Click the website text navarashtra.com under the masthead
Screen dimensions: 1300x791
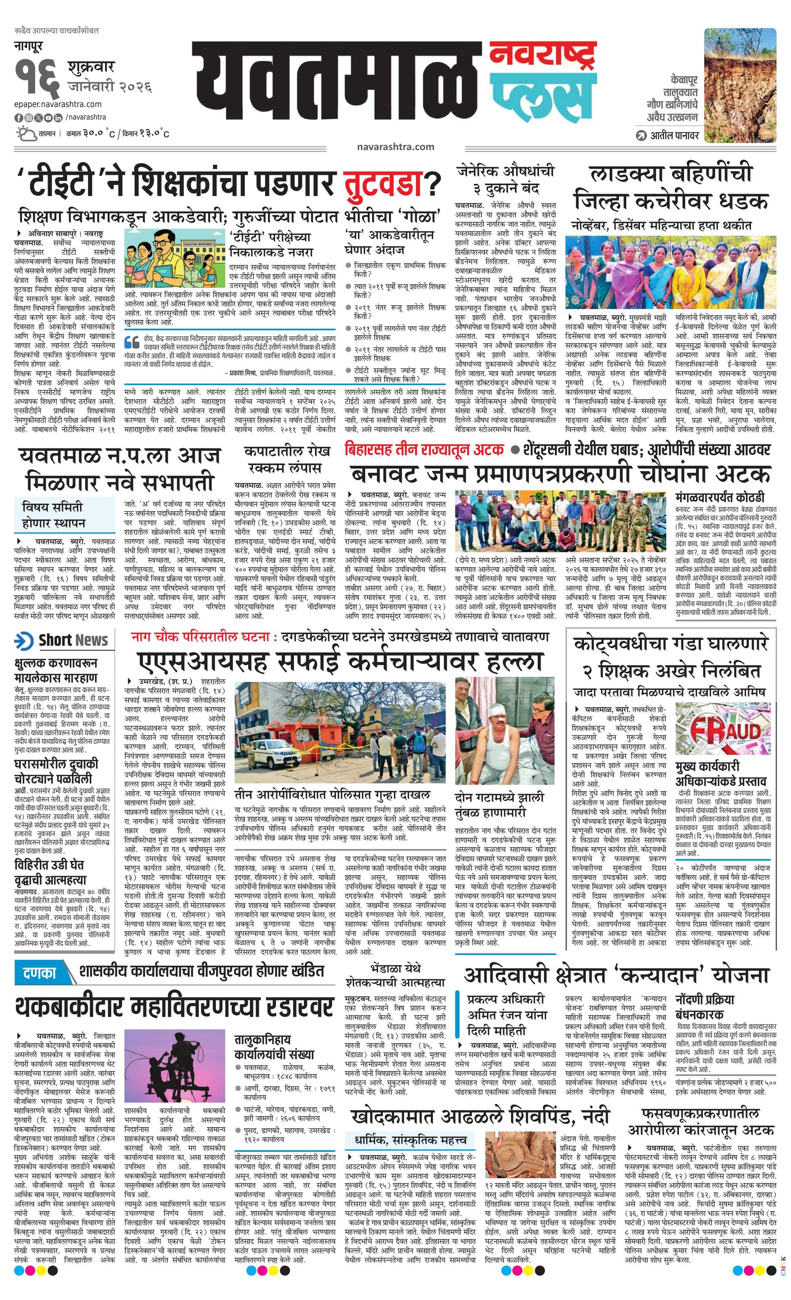pos(395,147)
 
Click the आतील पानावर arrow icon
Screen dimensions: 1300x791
pos(641,136)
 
